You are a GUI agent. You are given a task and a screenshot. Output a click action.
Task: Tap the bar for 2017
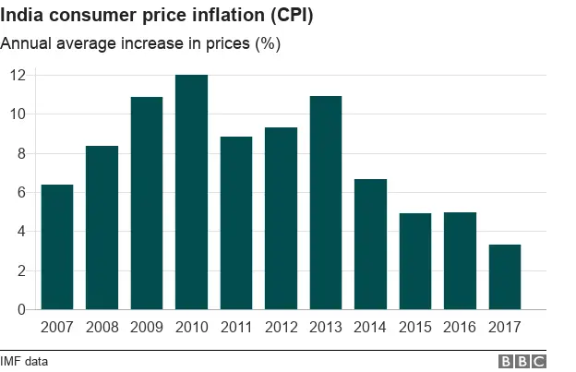(505, 277)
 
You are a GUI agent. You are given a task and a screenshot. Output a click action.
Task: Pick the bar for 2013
(326, 202)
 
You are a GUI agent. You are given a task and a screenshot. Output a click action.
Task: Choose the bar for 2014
(370, 244)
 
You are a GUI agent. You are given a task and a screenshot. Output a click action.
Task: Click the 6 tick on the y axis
(17, 192)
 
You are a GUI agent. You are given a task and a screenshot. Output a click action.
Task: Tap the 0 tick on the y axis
(17, 310)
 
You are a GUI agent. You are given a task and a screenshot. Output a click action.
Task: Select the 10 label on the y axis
(16, 114)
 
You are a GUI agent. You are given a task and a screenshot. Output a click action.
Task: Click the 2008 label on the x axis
(102, 328)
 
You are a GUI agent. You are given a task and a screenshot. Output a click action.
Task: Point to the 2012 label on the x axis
(281, 328)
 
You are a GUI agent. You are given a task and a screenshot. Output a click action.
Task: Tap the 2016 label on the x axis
(460, 328)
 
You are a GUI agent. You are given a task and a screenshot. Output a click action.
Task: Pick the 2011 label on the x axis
(236, 328)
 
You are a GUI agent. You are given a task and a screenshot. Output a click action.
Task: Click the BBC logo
(522, 361)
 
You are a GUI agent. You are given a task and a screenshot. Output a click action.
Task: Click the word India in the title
(22, 15)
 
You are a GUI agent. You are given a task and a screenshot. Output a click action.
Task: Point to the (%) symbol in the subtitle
(268, 43)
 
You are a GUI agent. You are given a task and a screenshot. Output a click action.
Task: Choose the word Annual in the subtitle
(26, 43)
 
